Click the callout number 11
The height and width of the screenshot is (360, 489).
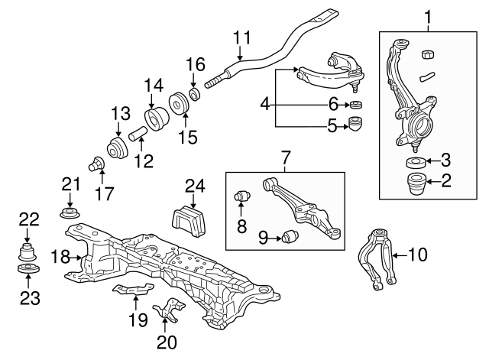coord(241,37)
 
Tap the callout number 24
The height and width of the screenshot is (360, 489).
coord(195,185)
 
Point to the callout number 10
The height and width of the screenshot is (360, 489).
coord(419,255)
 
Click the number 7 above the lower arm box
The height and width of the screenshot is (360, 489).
coord(286,159)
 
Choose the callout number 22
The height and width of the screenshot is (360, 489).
coord(28,219)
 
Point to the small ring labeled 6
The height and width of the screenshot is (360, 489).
coord(355,104)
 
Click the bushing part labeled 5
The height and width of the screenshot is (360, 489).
coord(355,124)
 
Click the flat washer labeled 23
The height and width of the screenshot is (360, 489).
coord(28,272)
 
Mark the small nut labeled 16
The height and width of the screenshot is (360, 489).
coord(194,94)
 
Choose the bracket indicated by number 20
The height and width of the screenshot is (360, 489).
coord(169,311)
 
